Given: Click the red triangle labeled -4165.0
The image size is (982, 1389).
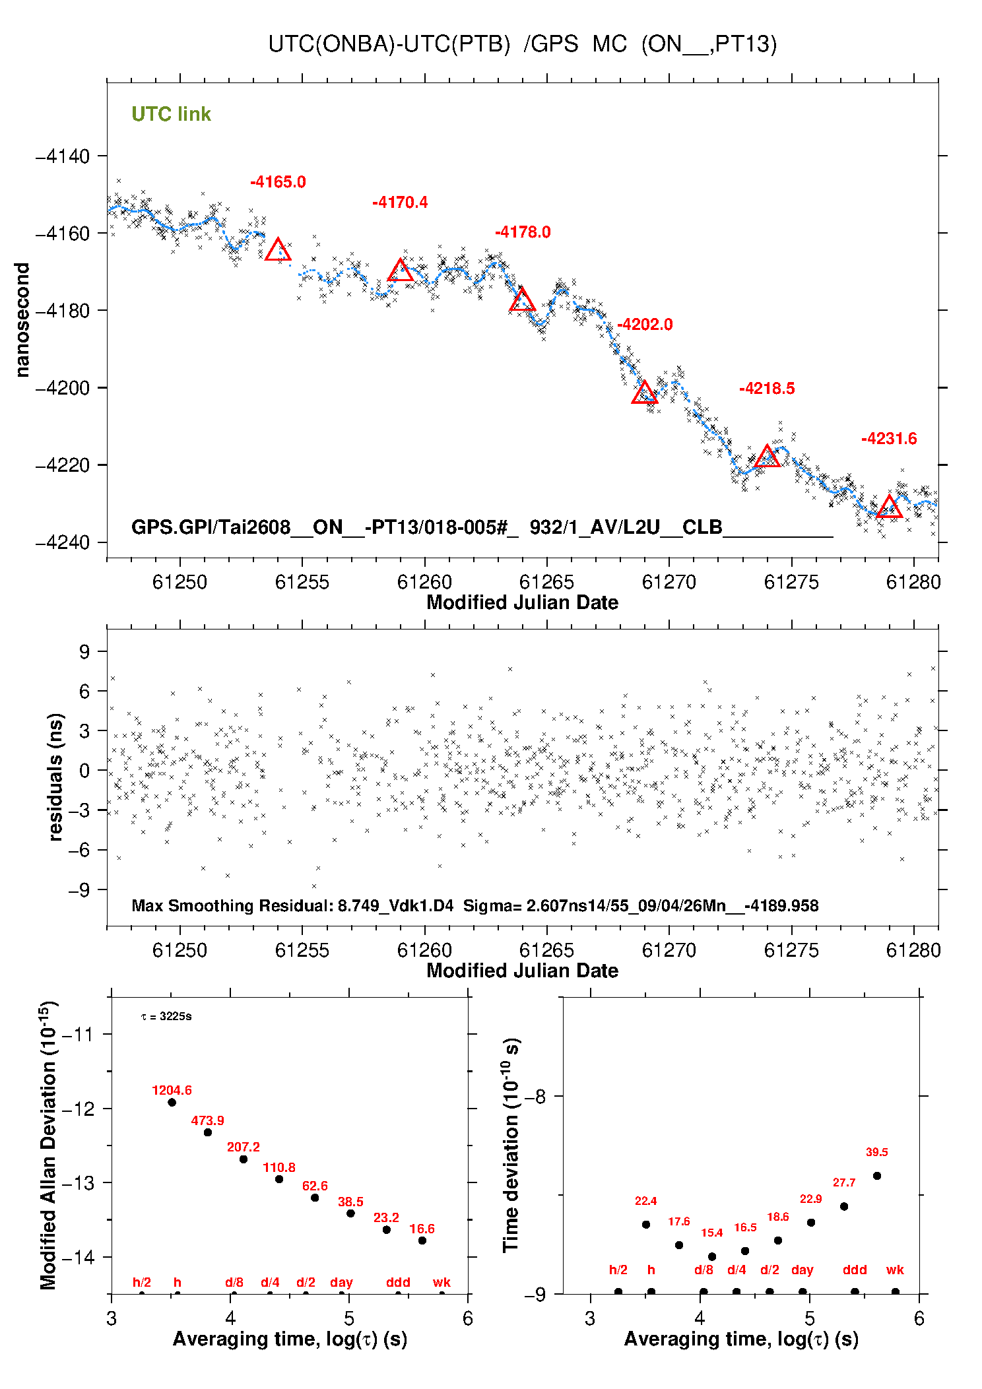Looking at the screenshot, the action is (x=278, y=250).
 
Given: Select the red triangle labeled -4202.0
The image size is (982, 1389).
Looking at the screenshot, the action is (x=645, y=393).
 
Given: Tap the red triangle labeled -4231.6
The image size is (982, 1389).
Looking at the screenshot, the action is (x=890, y=507).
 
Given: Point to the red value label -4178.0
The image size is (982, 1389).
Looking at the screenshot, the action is (x=523, y=232).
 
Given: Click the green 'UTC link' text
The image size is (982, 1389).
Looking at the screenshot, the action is (x=172, y=114).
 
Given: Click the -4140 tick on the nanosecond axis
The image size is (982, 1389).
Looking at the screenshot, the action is (x=63, y=156).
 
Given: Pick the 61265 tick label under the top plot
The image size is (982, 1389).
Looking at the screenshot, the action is (x=546, y=582).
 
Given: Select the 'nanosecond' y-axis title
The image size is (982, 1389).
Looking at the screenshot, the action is (x=22, y=320).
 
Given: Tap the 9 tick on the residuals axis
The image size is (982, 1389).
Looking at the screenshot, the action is (x=84, y=652).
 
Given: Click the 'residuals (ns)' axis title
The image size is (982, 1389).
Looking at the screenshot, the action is (x=56, y=777).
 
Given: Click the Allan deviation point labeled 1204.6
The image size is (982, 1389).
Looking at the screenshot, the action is (x=172, y=1102).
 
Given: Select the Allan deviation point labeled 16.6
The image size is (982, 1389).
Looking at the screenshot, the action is (x=422, y=1241).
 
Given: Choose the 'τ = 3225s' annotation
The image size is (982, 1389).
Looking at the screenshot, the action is (x=166, y=1017).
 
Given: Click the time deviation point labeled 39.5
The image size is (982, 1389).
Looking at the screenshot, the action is (x=877, y=1176).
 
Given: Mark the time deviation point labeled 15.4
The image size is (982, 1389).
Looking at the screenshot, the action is (x=712, y=1257).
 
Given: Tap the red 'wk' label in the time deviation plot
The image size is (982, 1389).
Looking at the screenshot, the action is (x=895, y=1270).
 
